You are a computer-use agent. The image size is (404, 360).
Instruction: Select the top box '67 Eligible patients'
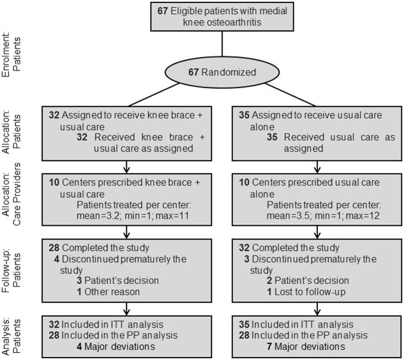[x=223, y=17]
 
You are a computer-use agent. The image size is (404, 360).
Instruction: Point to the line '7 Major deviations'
[x=308, y=346]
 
